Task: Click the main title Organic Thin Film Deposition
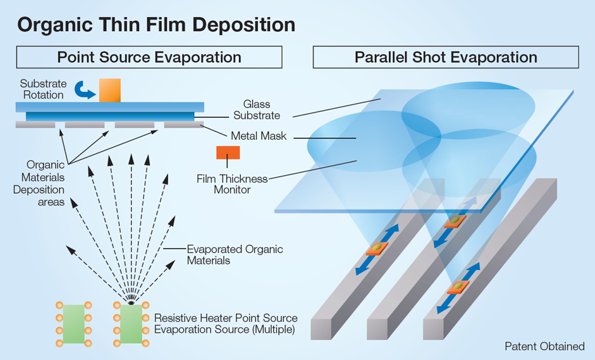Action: pyautogui.click(x=156, y=24)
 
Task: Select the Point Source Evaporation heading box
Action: pyautogui.click(x=149, y=57)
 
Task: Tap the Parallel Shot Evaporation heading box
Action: pyautogui.click(x=445, y=57)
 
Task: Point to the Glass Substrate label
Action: pyautogui.click(x=256, y=109)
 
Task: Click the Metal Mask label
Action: pyautogui.click(x=258, y=135)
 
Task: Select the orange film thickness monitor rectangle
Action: pyautogui.click(x=228, y=152)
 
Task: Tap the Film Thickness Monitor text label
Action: pyautogui.click(x=232, y=184)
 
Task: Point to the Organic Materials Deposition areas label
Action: pyautogui.click(x=39, y=183)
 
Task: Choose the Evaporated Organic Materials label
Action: pyautogui.click(x=235, y=254)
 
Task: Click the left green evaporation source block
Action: pyautogui.click(x=73, y=324)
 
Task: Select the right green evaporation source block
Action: pyautogui.click(x=130, y=324)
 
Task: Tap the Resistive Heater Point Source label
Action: pyautogui.click(x=225, y=324)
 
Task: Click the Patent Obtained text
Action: pyautogui.click(x=544, y=346)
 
